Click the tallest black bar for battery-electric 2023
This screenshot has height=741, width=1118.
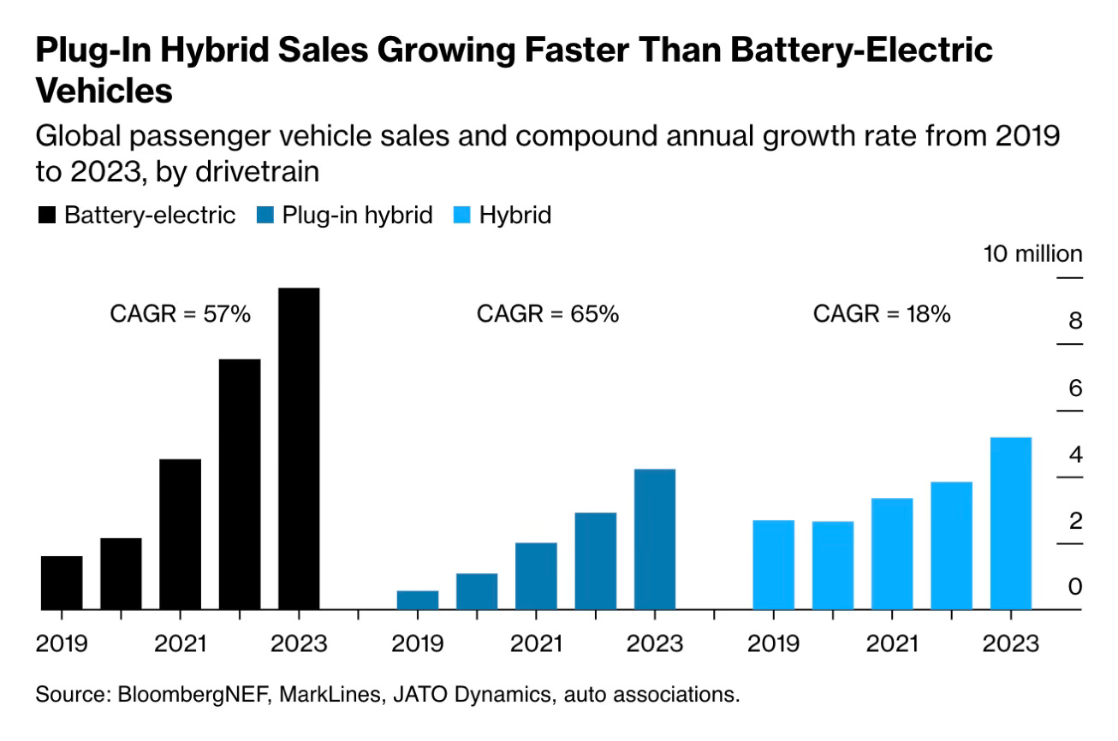point(299,448)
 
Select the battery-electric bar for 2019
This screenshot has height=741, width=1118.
point(62,583)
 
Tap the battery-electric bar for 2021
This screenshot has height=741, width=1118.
point(180,534)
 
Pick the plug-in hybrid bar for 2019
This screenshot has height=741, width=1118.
point(418,600)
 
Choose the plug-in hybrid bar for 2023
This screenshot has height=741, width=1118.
point(655,539)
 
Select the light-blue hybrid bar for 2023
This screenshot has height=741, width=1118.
point(1011,523)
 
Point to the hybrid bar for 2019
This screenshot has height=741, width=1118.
point(773,565)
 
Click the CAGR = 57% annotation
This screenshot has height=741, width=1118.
point(180,314)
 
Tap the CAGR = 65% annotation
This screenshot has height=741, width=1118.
point(547,314)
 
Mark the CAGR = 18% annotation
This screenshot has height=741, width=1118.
point(882,314)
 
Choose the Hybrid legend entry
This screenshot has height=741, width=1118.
point(514,215)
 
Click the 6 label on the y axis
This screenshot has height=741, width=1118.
point(1075,388)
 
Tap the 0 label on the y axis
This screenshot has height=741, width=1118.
point(1075,587)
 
